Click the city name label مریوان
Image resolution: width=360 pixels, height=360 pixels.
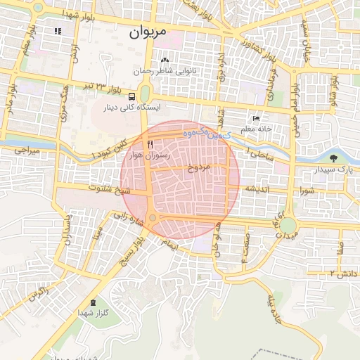[149, 32]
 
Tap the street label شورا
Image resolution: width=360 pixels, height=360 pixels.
[306, 190]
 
